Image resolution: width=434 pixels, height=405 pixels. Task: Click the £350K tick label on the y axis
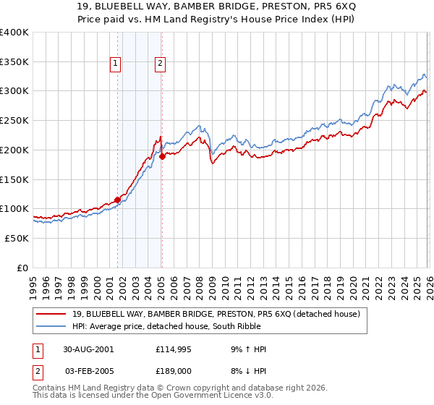(x=14, y=62)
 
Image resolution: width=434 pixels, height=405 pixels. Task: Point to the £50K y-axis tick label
(x=17, y=238)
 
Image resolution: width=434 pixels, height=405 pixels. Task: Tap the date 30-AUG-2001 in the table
(x=88, y=349)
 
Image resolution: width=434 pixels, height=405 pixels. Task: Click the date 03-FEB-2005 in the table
(x=88, y=371)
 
